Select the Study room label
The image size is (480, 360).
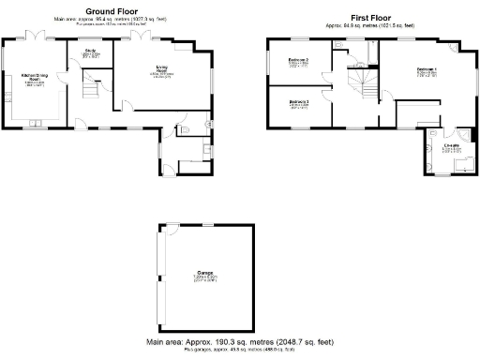(x=91, y=52)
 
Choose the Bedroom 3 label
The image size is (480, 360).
(x=299, y=102)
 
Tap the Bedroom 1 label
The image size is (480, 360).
(x=425, y=69)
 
